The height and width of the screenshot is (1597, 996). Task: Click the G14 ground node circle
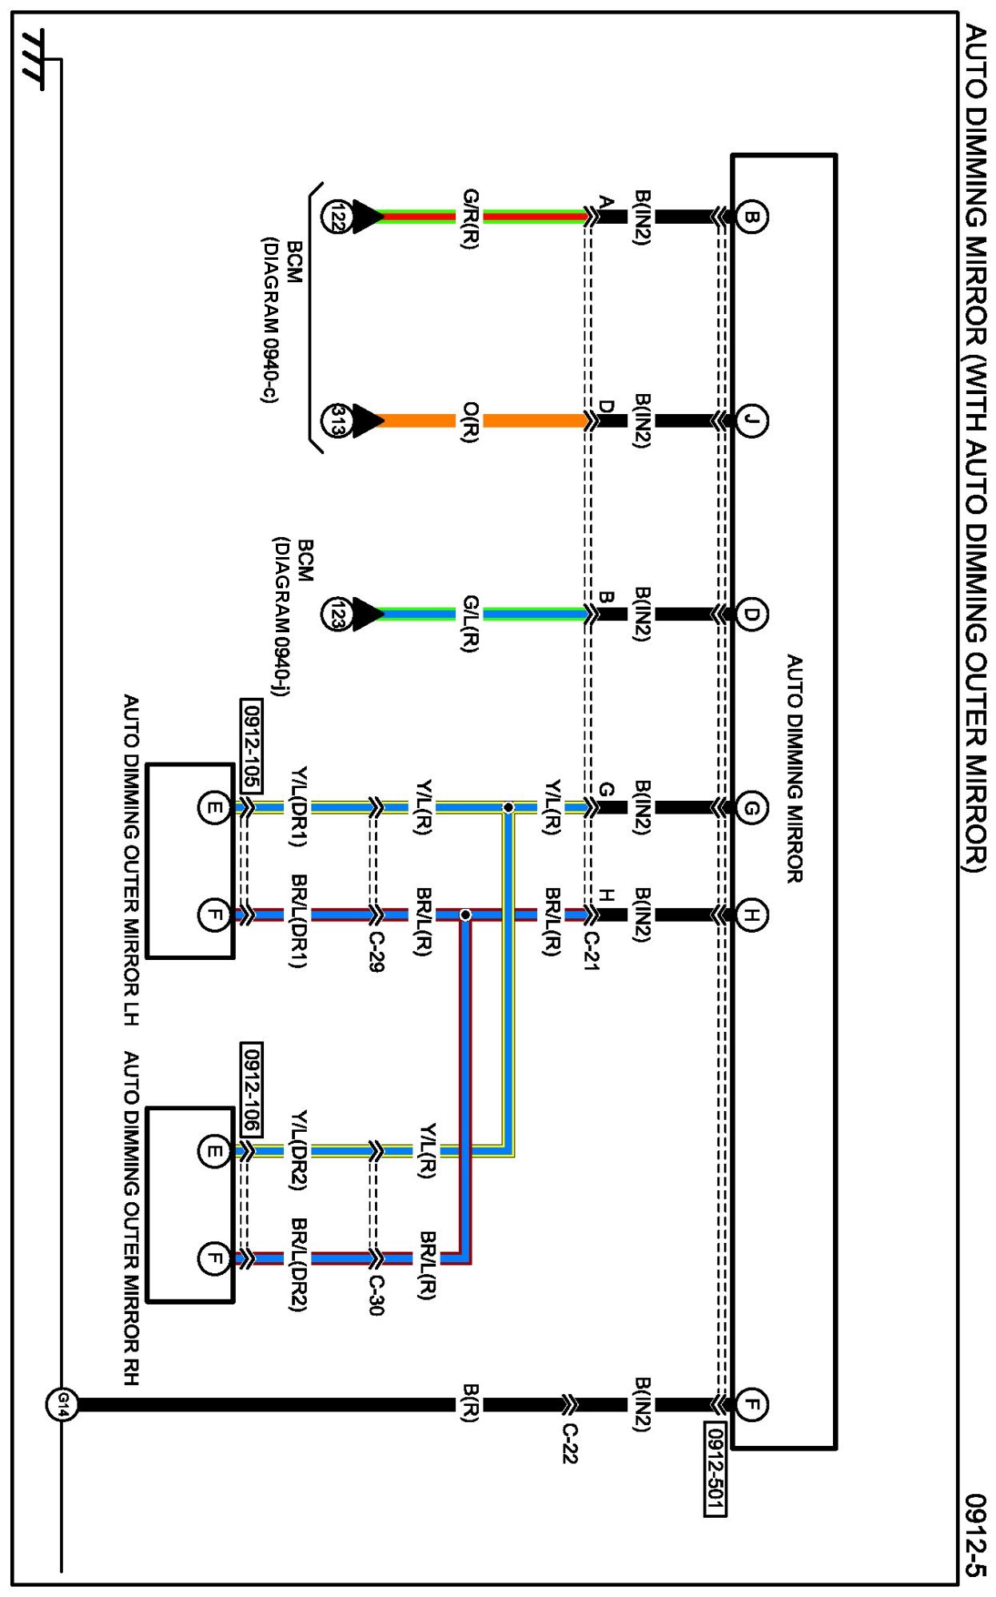[62, 1404]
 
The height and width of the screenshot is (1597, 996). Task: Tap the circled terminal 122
[336, 217]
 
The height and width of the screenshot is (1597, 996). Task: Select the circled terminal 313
[336, 420]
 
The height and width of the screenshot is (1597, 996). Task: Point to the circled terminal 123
[336, 614]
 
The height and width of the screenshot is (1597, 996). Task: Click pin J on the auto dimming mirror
[751, 420]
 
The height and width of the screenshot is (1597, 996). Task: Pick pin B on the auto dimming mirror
[751, 217]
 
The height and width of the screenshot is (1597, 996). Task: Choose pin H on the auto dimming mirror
[751, 914]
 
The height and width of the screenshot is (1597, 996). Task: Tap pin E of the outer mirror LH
[213, 807]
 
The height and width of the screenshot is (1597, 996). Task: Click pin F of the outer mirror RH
[213, 1259]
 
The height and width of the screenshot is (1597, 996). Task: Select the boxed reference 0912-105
[251, 746]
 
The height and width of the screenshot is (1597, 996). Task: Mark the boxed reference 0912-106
[251, 1089]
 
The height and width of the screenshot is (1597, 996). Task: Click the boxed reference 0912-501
[715, 1468]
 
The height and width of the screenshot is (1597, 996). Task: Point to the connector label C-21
[591, 950]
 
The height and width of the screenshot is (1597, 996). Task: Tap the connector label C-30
[376, 1295]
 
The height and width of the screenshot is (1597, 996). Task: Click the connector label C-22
[569, 1443]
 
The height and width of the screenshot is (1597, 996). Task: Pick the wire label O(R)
[471, 422]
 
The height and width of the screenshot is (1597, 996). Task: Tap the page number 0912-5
[975, 1535]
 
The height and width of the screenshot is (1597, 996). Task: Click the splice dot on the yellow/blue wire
[508, 808]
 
